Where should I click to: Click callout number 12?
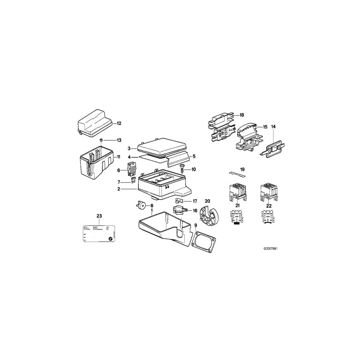pos(119,124)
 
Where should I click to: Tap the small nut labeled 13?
pos(102,140)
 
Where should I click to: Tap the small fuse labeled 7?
pos(132,182)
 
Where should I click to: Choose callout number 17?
pos(195,201)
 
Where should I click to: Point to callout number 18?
pos(242,115)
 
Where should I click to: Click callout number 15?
pos(264,127)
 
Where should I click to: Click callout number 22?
pos(269,206)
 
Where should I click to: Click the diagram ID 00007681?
pos(270,248)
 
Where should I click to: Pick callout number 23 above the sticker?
pos(99,216)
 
